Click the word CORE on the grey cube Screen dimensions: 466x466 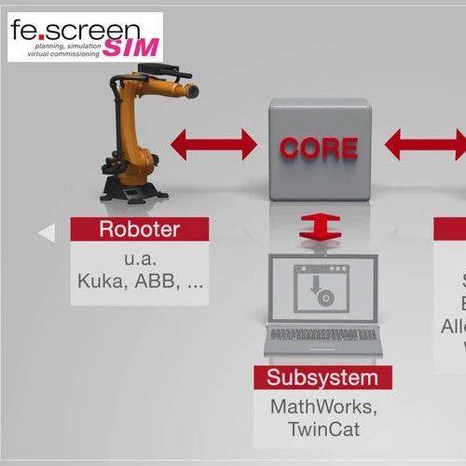coord(319,147)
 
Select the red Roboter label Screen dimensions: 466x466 coord(139,229)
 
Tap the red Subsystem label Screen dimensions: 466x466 coord(323,377)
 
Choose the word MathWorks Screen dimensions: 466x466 coord(323,406)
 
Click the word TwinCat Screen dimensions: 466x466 coord(322,430)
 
